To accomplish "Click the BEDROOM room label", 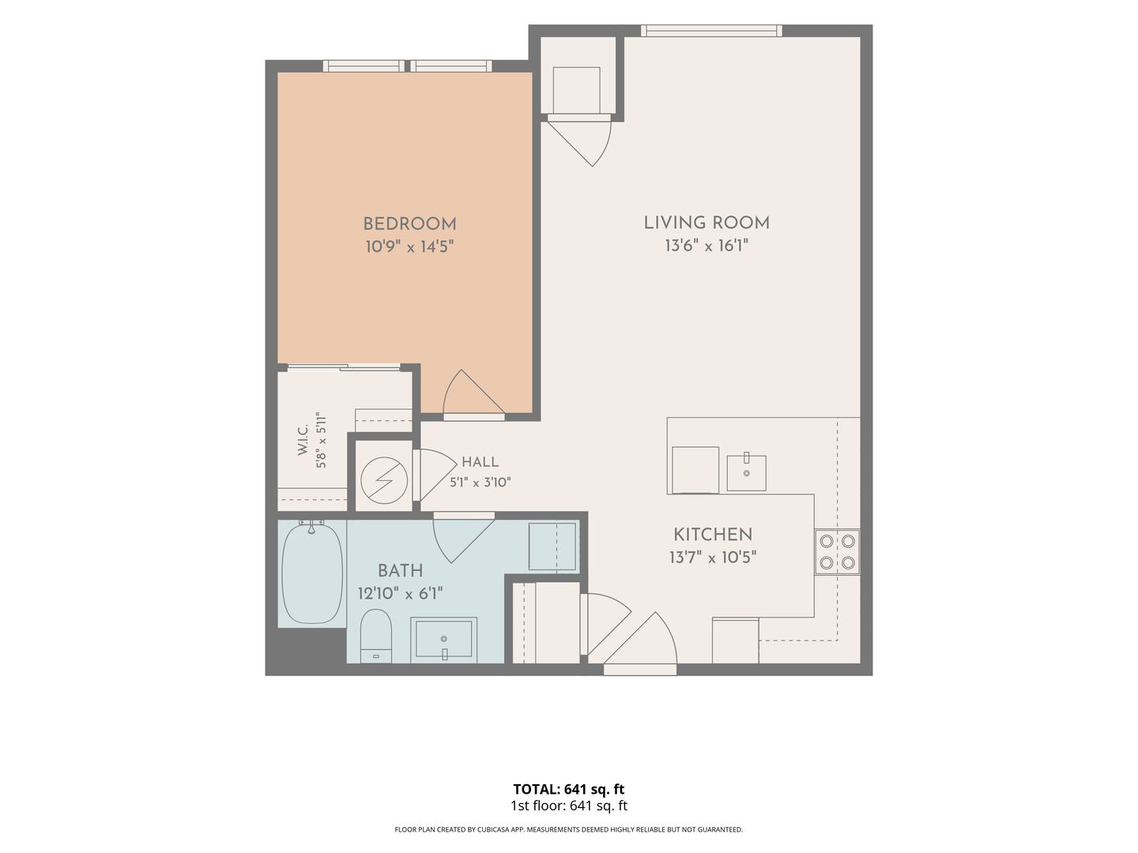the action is pyautogui.click(x=409, y=224).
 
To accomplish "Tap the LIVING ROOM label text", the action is pyautogui.click(x=707, y=223).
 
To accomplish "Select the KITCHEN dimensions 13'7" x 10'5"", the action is pyautogui.click(x=713, y=558).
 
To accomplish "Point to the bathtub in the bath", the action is pyautogui.click(x=312, y=573).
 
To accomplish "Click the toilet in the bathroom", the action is pyautogui.click(x=376, y=636).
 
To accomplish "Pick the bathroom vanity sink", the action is pyautogui.click(x=443, y=640).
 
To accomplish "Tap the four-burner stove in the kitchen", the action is pyautogui.click(x=837, y=551).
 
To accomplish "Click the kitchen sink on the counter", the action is pyautogui.click(x=746, y=472).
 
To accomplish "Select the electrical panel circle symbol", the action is pyautogui.click(x=384, y=480).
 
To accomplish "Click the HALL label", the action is pyautogui.click(x=480, y=462).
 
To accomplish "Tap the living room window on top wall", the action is pyautogui.click(x=711, y=31).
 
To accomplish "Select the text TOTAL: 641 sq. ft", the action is pyautogui.click(x=569, y=789).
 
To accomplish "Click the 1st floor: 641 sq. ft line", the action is pyautogui.click(x=569, y=806).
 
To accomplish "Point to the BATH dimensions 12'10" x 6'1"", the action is pyautogui.click(x=400, y=593).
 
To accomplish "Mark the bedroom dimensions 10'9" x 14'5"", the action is pyautogui.click(x=409, y=246).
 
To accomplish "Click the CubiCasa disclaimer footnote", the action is pyautogui.click(x=569, y=829).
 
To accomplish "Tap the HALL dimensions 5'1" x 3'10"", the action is pyautogui.click(x=480, y=483).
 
